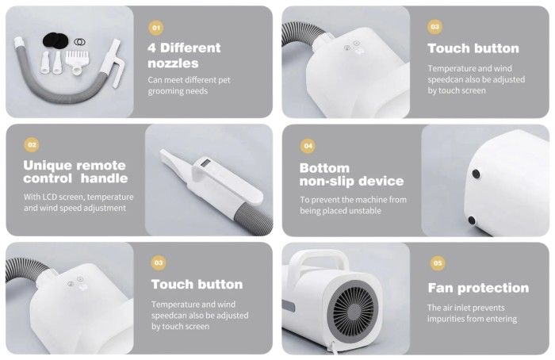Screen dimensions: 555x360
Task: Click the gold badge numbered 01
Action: click(x=155, y=28)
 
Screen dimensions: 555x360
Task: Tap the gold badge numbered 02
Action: click(x=32, y=144)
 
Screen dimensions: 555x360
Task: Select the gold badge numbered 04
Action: click(x=308, y=146)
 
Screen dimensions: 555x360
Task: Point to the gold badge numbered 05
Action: click(x=438, y=263)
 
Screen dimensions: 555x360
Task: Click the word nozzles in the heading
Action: click(x=173, y=63)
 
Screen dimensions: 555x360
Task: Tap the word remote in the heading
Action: click(x=101, y=165)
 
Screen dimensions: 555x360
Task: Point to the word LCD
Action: click(x=49, y=197)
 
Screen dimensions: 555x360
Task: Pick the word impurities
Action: click(x=446, y=319)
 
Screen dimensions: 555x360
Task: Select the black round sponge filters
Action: click(x=55, y=40)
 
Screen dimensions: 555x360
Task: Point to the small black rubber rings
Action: click(x=79, y=42)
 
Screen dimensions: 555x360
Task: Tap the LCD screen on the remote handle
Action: click(x=205, y=163)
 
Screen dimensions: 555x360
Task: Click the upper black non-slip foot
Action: click(x=476, y=174)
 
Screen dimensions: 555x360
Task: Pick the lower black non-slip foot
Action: click(x=472, y=220)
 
